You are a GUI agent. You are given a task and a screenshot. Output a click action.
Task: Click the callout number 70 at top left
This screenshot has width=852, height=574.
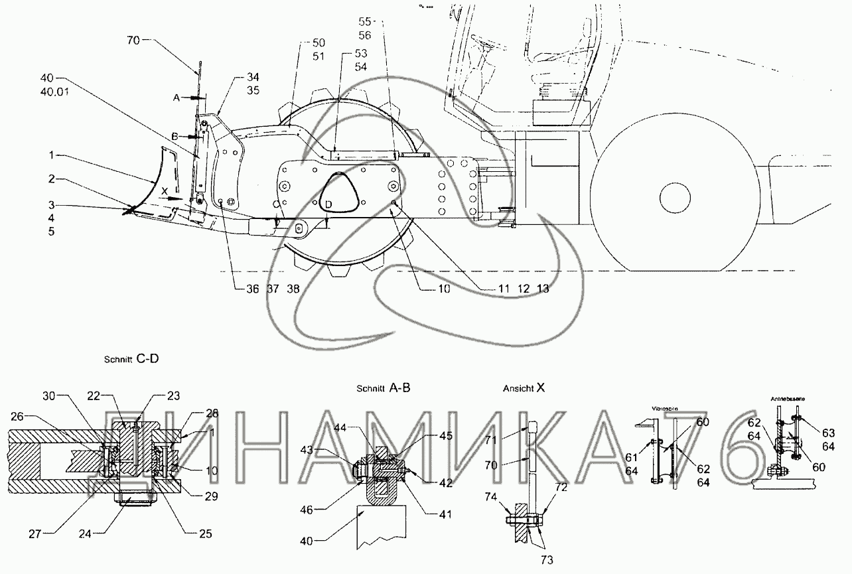[133, 40]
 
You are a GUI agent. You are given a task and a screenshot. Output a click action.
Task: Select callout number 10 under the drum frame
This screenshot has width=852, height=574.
[424, 289]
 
